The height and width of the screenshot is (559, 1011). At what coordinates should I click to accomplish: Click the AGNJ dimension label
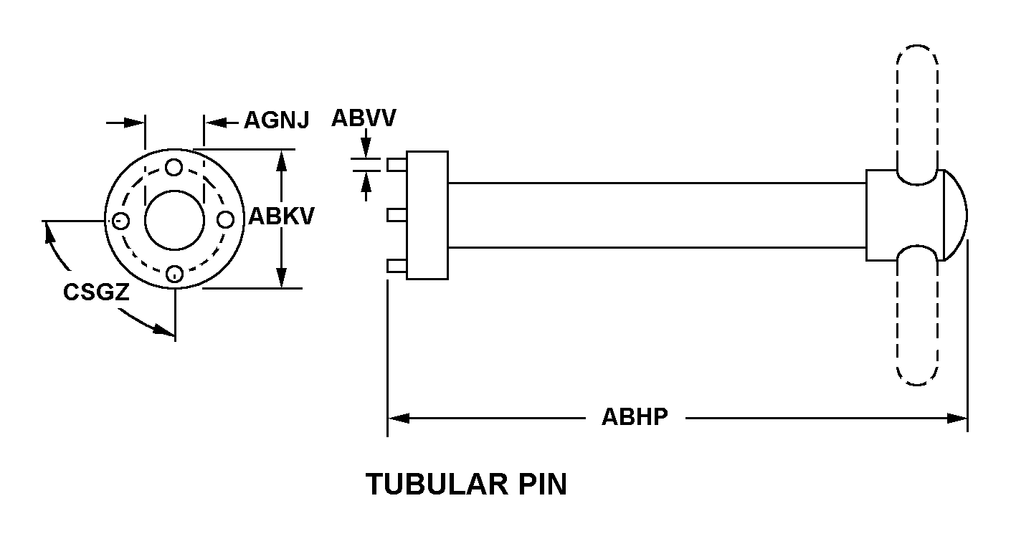coord(276,120)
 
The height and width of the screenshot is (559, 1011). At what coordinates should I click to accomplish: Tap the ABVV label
coord(363,118)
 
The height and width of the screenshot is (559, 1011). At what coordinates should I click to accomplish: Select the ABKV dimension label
coord(281,216)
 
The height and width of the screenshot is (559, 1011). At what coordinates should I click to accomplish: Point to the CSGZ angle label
coord(96,292)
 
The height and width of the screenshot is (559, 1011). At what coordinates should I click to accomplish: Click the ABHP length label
coord(635,417)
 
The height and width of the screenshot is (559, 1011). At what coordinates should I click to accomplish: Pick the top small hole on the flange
coord(174,168)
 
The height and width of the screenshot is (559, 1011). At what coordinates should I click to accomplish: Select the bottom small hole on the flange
coord(174,273)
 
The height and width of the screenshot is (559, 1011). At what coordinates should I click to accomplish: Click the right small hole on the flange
coord(227,220)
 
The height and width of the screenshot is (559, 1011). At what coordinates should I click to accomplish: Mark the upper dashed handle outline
coord(917,107)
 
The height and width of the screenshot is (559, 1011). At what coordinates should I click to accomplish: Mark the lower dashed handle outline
coord(917,322)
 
